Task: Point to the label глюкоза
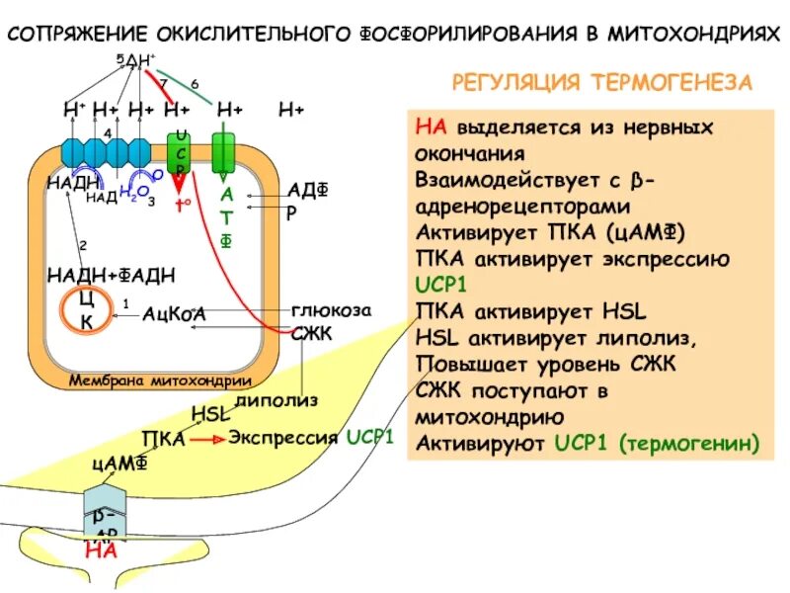[332, 309]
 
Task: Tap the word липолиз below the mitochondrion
[277, 399]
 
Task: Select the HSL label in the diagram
[209, 414]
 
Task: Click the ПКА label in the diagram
[163, 438]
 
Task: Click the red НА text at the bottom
[101, 551]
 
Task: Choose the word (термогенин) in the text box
[691, 445]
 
